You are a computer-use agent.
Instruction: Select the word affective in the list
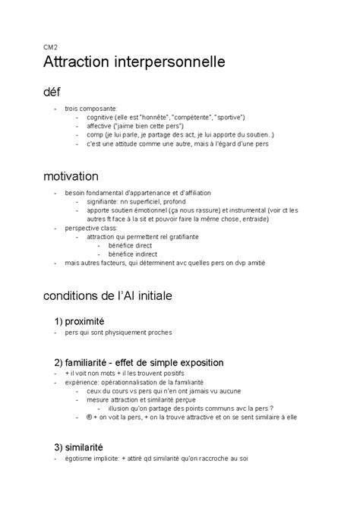(100, 126)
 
